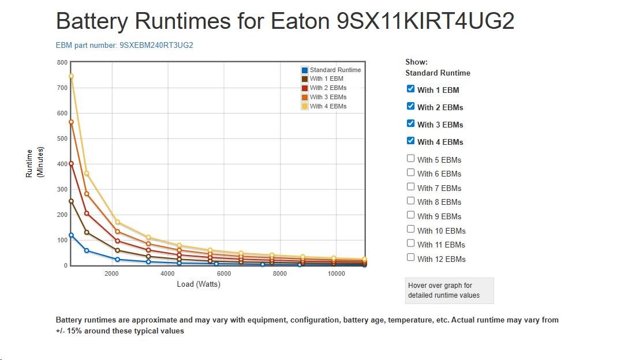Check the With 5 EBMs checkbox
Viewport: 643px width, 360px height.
coord(410,159)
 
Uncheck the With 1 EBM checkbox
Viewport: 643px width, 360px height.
coord(410,89)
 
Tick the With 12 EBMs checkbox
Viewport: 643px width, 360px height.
coord(410,258)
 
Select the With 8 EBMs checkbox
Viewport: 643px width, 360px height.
coord(410,201)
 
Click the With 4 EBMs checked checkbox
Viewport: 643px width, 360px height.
coord(410,141)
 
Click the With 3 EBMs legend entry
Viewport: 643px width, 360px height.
coord(328,97)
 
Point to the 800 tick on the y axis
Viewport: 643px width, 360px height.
coord(62,62)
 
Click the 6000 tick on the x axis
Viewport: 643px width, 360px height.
coord(224,273)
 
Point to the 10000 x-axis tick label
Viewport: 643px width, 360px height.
coord(337,273)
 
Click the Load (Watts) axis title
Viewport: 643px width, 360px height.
coord(199,284)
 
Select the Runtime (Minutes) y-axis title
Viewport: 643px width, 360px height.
coord(35,163)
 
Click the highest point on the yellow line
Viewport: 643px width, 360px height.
coord(72,76)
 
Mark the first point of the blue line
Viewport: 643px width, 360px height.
coord(72,235)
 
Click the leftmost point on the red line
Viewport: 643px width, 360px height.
coord(72,164)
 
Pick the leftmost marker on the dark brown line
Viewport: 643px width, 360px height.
coord(72,201)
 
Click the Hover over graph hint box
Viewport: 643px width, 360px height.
coord(449,290)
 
